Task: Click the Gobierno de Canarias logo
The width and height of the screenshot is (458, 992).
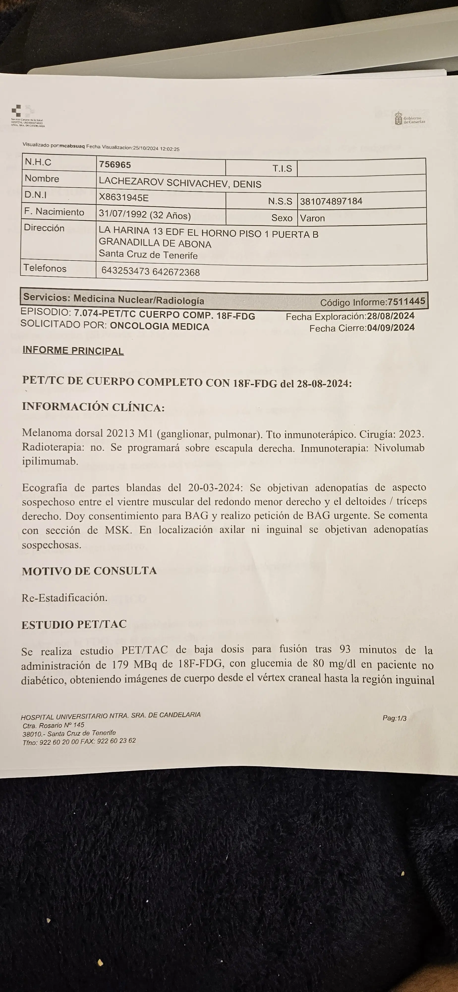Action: [x=409, y=118]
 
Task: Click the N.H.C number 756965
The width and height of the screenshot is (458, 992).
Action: [x=115, y=165]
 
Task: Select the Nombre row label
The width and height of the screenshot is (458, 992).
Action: [x=42, y=179]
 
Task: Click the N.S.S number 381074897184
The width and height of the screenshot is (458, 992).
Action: [x=331, y=201]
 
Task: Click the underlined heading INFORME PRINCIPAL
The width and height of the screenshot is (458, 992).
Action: [x=73, y=350]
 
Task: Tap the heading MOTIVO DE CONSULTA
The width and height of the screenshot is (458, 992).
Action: [x=89, y=571]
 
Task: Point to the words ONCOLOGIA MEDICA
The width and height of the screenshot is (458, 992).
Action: [x=159, y=327]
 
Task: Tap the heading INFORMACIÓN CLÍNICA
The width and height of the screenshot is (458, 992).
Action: [x=93, y=407]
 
